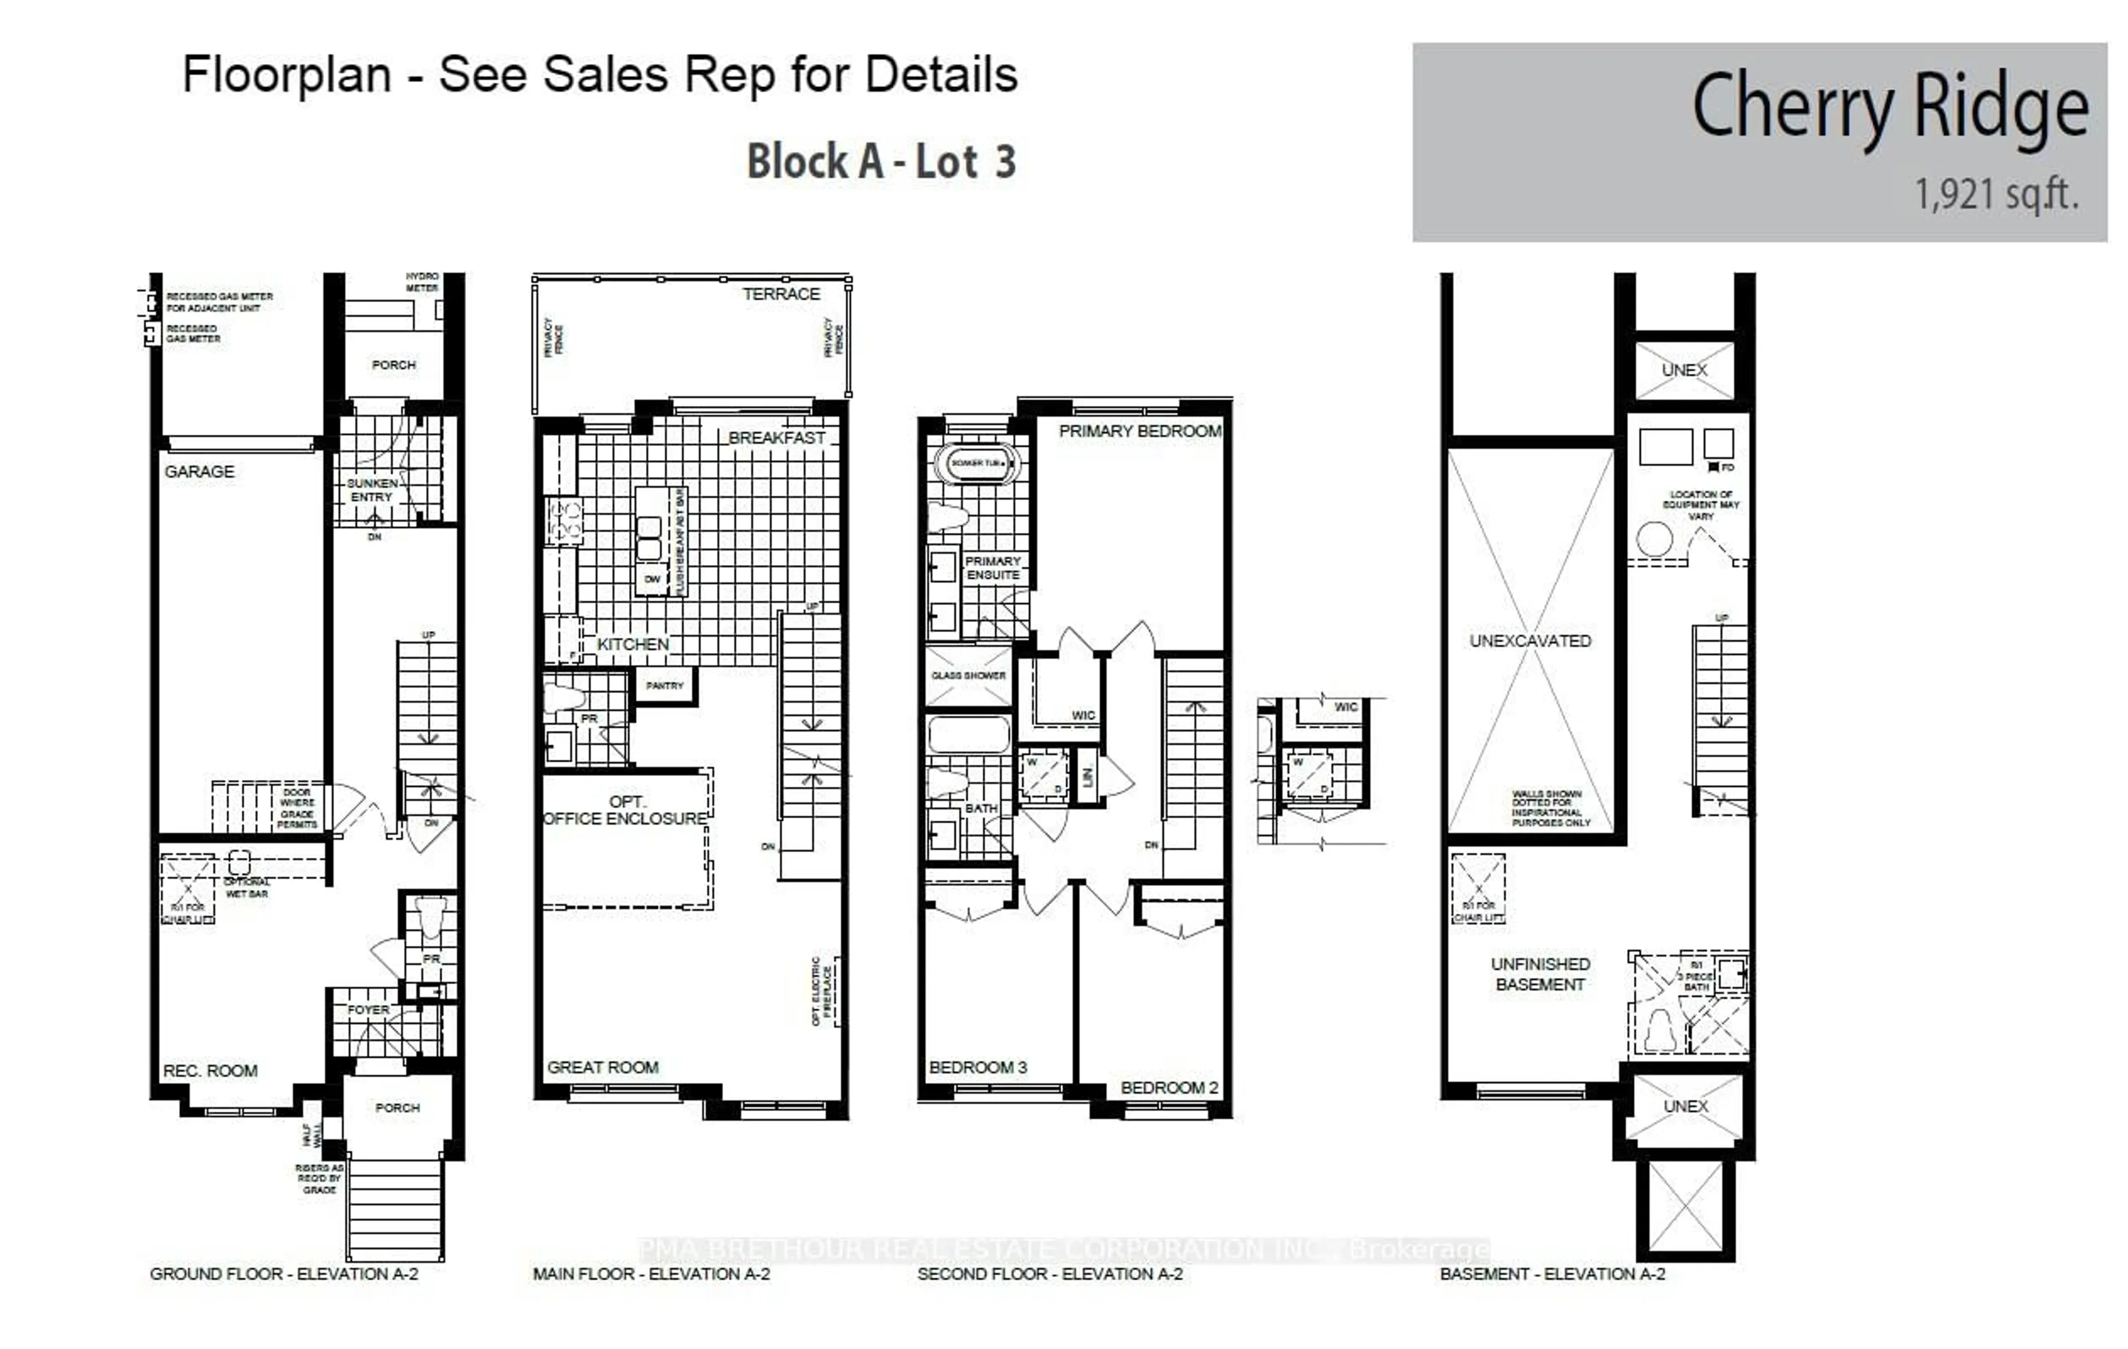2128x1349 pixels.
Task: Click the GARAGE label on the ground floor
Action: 199,472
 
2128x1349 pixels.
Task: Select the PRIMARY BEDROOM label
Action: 1139,431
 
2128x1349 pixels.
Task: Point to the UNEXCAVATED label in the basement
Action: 1529,641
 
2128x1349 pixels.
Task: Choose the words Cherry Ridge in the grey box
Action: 1889,108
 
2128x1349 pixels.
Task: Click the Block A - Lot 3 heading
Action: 881,162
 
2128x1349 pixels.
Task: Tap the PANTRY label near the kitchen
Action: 664,686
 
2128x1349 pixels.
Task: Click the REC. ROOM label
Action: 211,1071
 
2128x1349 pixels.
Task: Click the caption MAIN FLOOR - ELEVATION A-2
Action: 651,1274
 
